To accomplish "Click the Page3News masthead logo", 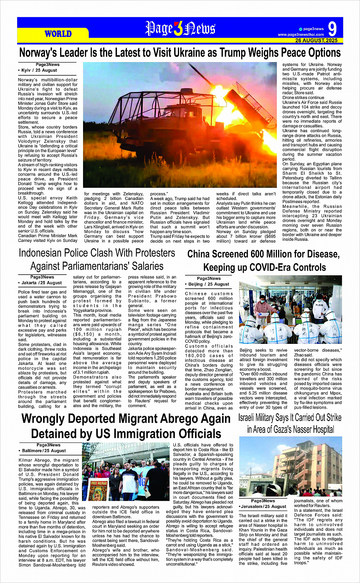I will click(180, 29).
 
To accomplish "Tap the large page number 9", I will click(332, 29).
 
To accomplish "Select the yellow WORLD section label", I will click(58, 34).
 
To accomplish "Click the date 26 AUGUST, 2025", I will click(316, 40).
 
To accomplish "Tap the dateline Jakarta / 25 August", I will click(42, 283).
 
